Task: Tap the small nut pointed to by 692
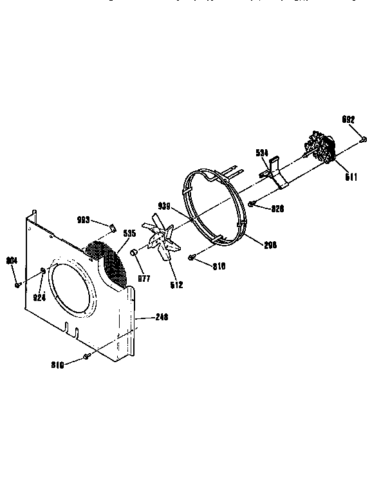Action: tap(364, 138)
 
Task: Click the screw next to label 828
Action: tap(252, 204)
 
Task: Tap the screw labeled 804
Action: tap(17, 284)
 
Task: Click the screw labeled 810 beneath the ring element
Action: tap(192, 257)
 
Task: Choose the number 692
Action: tap(348, 119)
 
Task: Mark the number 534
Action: tap(262, 152)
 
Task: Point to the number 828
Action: tap(277, 209)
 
